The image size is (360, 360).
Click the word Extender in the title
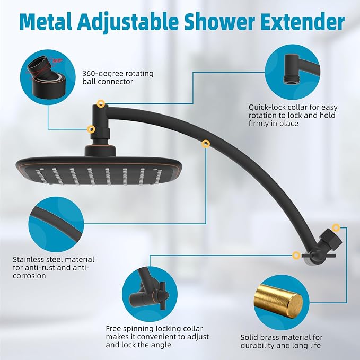point(303,22)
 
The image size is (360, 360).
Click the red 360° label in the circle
point(57,61)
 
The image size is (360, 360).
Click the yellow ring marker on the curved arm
point(206,144)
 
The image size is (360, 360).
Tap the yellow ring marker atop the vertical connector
point(101,103)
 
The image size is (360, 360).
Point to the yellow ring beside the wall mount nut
point(336,228)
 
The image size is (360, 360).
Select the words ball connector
point(108,82)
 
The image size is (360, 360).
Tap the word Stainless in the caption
point(28,260)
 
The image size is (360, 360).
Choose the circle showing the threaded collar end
point(292,72)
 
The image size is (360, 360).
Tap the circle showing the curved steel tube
point(56,224)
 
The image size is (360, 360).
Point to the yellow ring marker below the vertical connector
point(91,129)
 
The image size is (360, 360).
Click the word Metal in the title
point(46,22)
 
